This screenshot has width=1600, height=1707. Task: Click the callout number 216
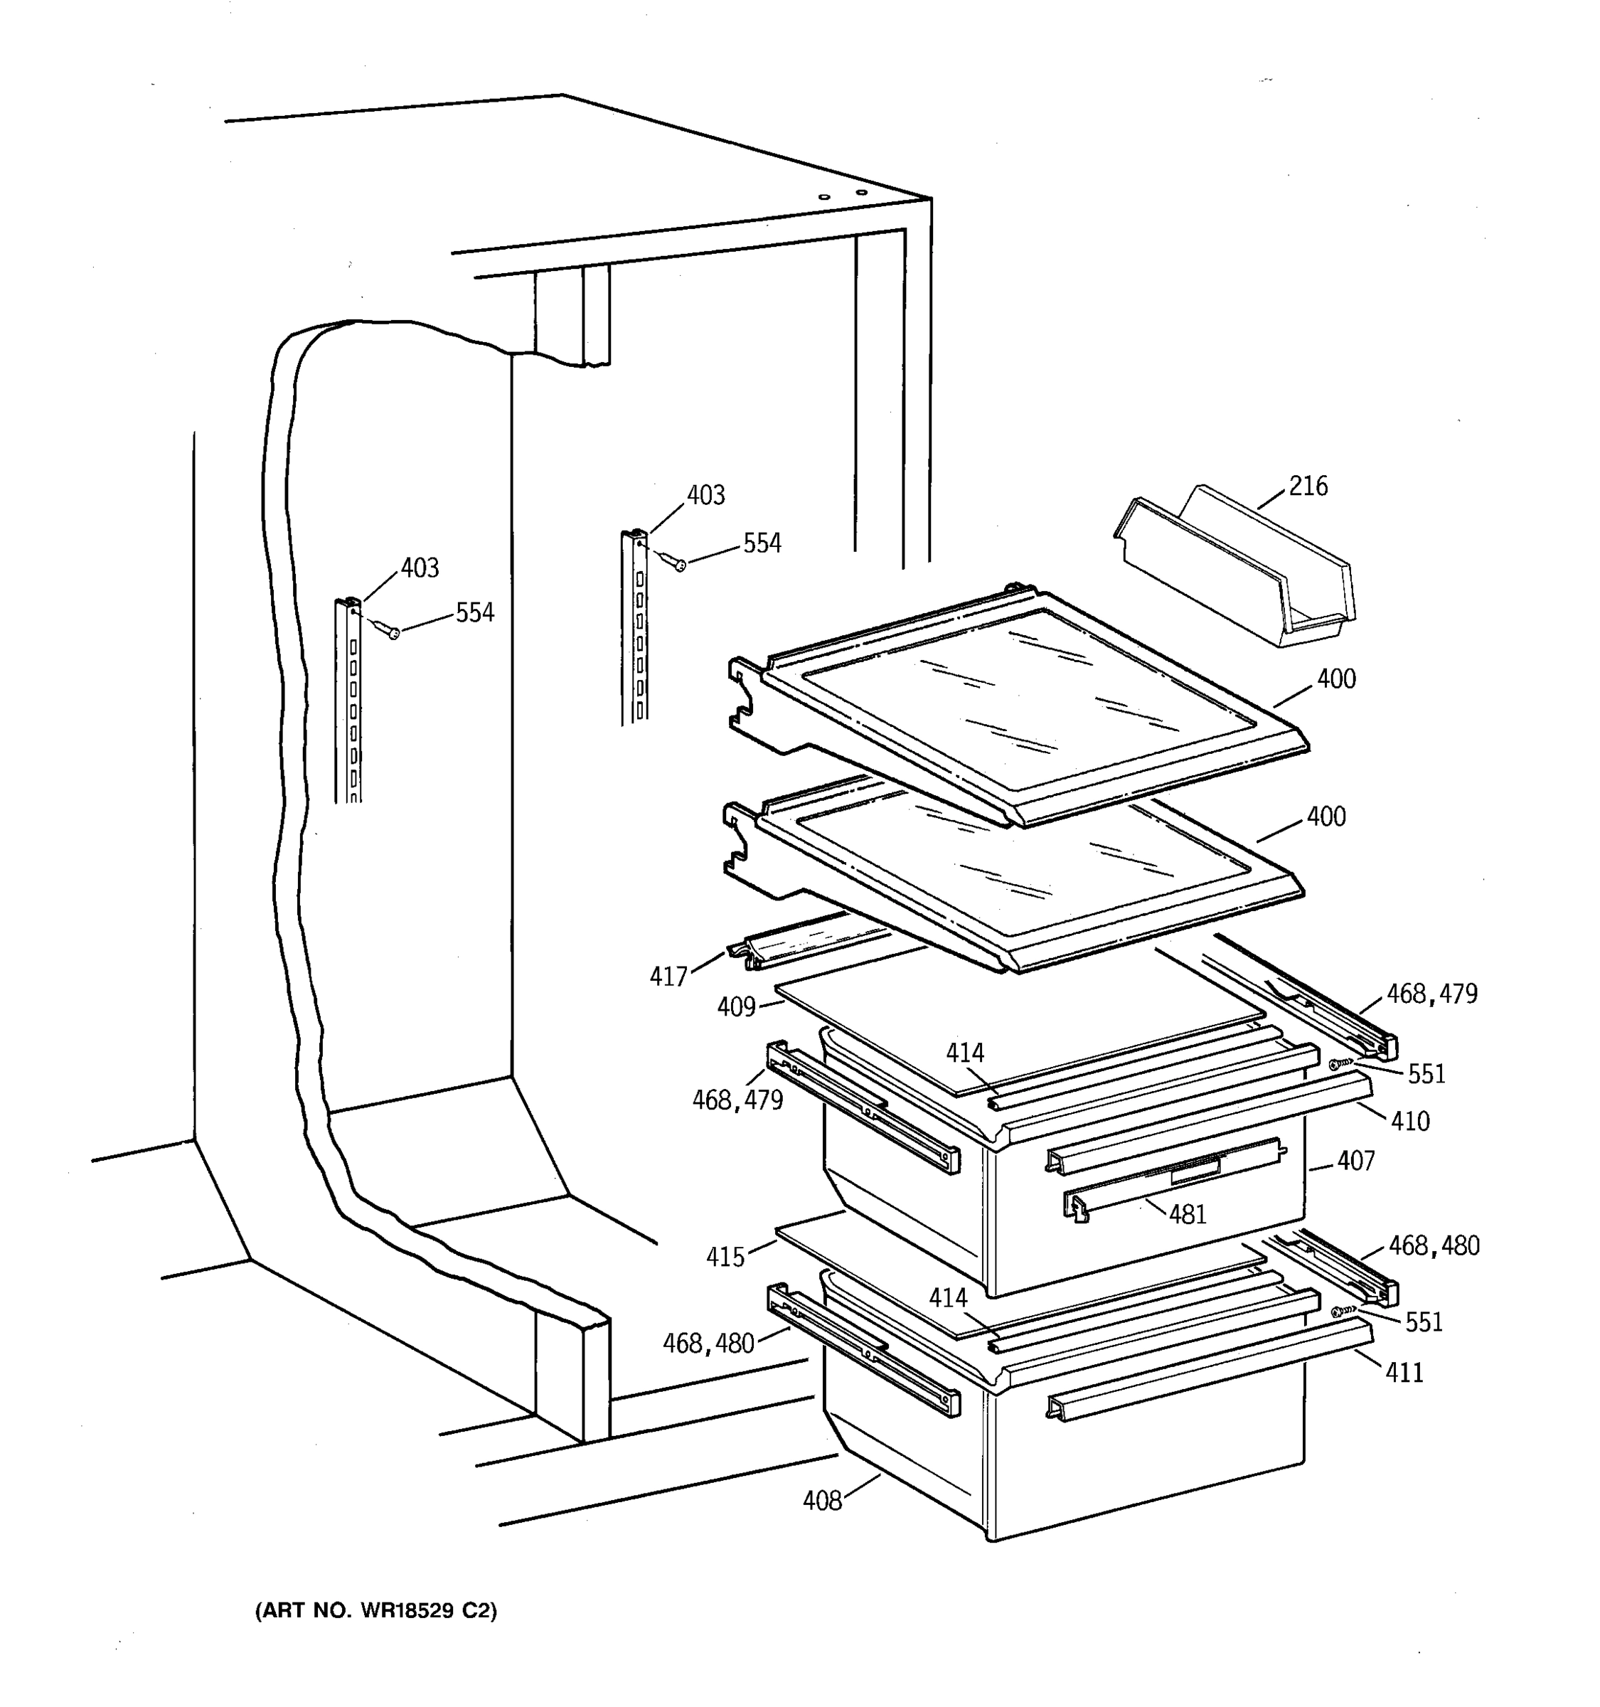coord(1308,487)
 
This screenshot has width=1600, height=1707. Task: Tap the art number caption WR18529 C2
coord(376,1611)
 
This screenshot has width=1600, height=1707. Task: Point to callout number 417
coord(668,977)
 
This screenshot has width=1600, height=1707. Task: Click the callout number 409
coord(735,1006)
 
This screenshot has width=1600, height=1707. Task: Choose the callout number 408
coord(821,1501)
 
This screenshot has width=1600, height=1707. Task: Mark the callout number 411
coord(1404,1373)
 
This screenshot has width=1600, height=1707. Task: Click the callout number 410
coord(1410,1120)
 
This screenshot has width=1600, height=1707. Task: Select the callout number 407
coord(1355,1161)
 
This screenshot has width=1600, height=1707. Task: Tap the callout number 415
coord(725,1257)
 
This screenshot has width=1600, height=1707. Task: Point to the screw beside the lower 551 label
coord(1340,1312)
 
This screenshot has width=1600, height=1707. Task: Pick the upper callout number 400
coord(1336,679)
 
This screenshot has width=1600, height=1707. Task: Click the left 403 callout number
coord(419,568)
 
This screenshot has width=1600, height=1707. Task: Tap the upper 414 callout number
coord(965,1053)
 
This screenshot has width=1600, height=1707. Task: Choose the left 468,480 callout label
coord(708,1344)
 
